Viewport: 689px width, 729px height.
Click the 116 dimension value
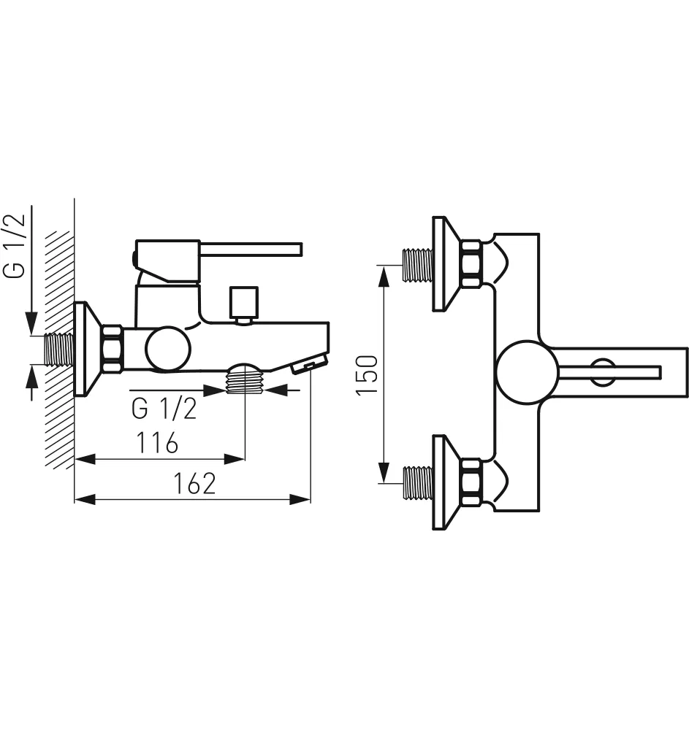click(157, 443)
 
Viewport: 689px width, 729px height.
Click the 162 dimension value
click(194, 484)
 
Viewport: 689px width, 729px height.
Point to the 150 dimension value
click(367, 375)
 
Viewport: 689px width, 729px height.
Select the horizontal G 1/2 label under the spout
click(164, 409)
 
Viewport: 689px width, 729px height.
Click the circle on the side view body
click(168, 349)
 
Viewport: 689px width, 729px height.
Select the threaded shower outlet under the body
click(245, 378)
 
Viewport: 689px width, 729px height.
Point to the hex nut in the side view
click(113, 349)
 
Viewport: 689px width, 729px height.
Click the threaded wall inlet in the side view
click(59, 349)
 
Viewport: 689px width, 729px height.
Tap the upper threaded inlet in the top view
click(418, 265)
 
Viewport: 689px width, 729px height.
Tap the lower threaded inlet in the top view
click(418, 483)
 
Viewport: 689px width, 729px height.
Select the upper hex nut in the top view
click(471, 263)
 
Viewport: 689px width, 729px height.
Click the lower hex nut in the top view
click(471, 482)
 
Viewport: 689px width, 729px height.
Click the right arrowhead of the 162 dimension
click(300, 499)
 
